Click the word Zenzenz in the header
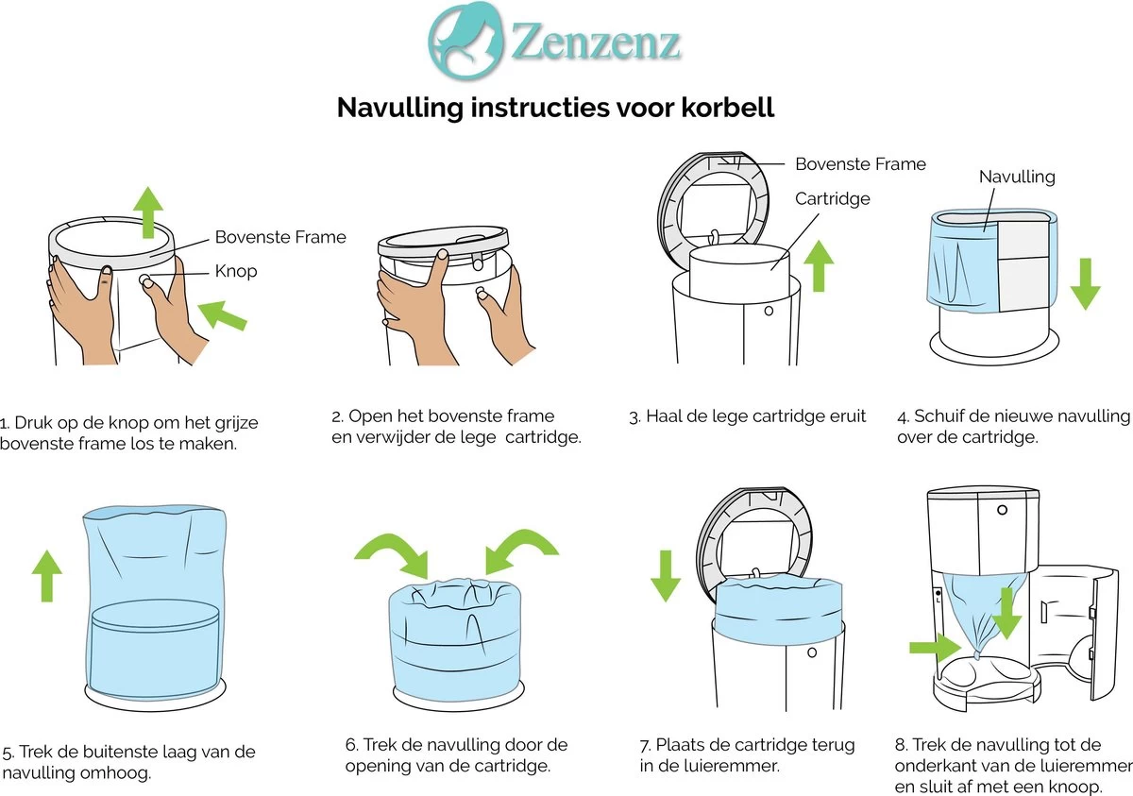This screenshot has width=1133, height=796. [x=596, y=42]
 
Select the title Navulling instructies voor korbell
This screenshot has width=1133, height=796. [x=556, y=108]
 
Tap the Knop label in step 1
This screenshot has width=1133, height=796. [x=236, y=271]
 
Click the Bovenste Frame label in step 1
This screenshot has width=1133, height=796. [x=280, y=237]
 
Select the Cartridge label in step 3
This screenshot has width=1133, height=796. [x=832, y=199]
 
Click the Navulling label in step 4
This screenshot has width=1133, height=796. [x=1016, y=177]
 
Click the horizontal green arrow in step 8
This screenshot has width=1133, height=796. [x=933, y=647]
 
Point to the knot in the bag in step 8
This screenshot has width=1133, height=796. [x=976, y=652]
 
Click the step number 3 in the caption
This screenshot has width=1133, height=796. [x=634, y=416]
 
